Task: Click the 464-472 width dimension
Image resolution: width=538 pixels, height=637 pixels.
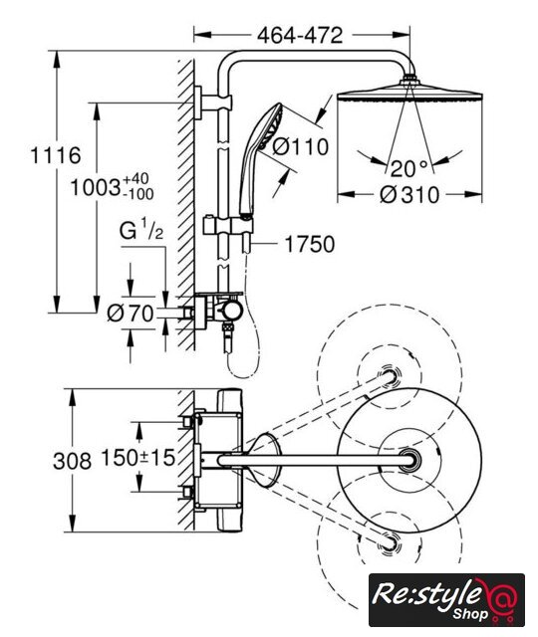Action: click(300, 36)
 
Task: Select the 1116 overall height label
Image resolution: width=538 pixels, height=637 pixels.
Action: click(56, 155)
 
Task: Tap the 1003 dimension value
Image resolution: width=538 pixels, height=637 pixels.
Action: click(96, 188)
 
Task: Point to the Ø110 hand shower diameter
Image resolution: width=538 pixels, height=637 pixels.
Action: click(300, 146)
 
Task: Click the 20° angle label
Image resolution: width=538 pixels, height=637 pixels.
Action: click(409, 168)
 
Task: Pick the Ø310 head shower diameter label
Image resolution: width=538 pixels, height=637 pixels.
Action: click(409, 195)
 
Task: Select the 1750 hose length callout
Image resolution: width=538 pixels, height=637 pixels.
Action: click(310, 244)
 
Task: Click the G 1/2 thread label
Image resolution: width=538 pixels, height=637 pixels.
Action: click(141, 231)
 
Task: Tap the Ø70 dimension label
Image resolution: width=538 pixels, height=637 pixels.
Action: click(131, 314)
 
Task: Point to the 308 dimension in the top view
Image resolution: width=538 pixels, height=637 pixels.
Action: click(72, 462)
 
